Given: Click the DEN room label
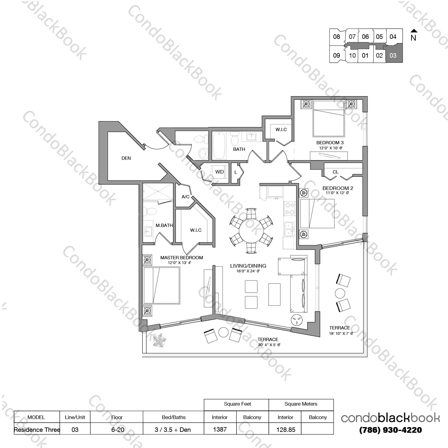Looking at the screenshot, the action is [126, 158].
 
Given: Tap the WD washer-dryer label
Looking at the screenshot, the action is [220, 172].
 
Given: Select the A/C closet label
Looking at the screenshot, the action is [185, 197].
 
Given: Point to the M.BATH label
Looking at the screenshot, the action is [164, 225].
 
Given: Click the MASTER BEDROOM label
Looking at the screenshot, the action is [182, 257].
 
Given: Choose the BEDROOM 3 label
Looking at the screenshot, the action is [330, 142].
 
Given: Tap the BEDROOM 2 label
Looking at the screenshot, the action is [338, 188].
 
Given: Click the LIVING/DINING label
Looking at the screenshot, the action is [248, 266].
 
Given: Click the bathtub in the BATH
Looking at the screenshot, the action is [219, 146].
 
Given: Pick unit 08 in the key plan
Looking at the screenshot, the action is [337, 37].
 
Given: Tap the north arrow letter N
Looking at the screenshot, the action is [413, 38].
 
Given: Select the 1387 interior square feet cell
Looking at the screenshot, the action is [220, 429].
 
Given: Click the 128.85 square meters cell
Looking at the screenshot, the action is [286, 429].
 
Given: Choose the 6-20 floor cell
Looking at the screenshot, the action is [118, 429].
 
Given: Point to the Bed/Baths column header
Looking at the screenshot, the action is [174, 417].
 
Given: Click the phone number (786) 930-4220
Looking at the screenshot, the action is [390, 430].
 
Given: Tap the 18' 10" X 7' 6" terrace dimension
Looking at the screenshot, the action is [341, 333].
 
